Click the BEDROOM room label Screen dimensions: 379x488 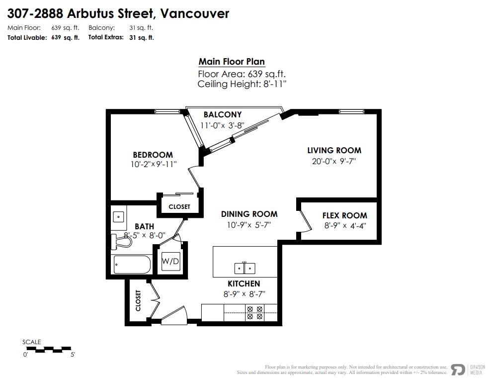153,155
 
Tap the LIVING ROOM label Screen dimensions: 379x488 334,150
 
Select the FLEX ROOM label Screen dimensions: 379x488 344,215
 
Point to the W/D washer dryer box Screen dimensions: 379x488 170,261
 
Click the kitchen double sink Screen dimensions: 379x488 244,269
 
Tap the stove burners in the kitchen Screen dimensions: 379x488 254,312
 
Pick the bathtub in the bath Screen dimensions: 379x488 131,265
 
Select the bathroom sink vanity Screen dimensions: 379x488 118,217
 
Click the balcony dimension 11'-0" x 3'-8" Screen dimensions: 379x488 222,126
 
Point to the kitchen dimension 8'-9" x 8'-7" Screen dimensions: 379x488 244,294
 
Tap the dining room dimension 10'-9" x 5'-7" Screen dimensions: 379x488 249,224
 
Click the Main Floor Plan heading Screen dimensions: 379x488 232,62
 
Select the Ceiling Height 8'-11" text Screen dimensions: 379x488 242,84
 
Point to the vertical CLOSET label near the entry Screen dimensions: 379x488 138,300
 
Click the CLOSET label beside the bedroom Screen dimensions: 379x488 179,206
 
